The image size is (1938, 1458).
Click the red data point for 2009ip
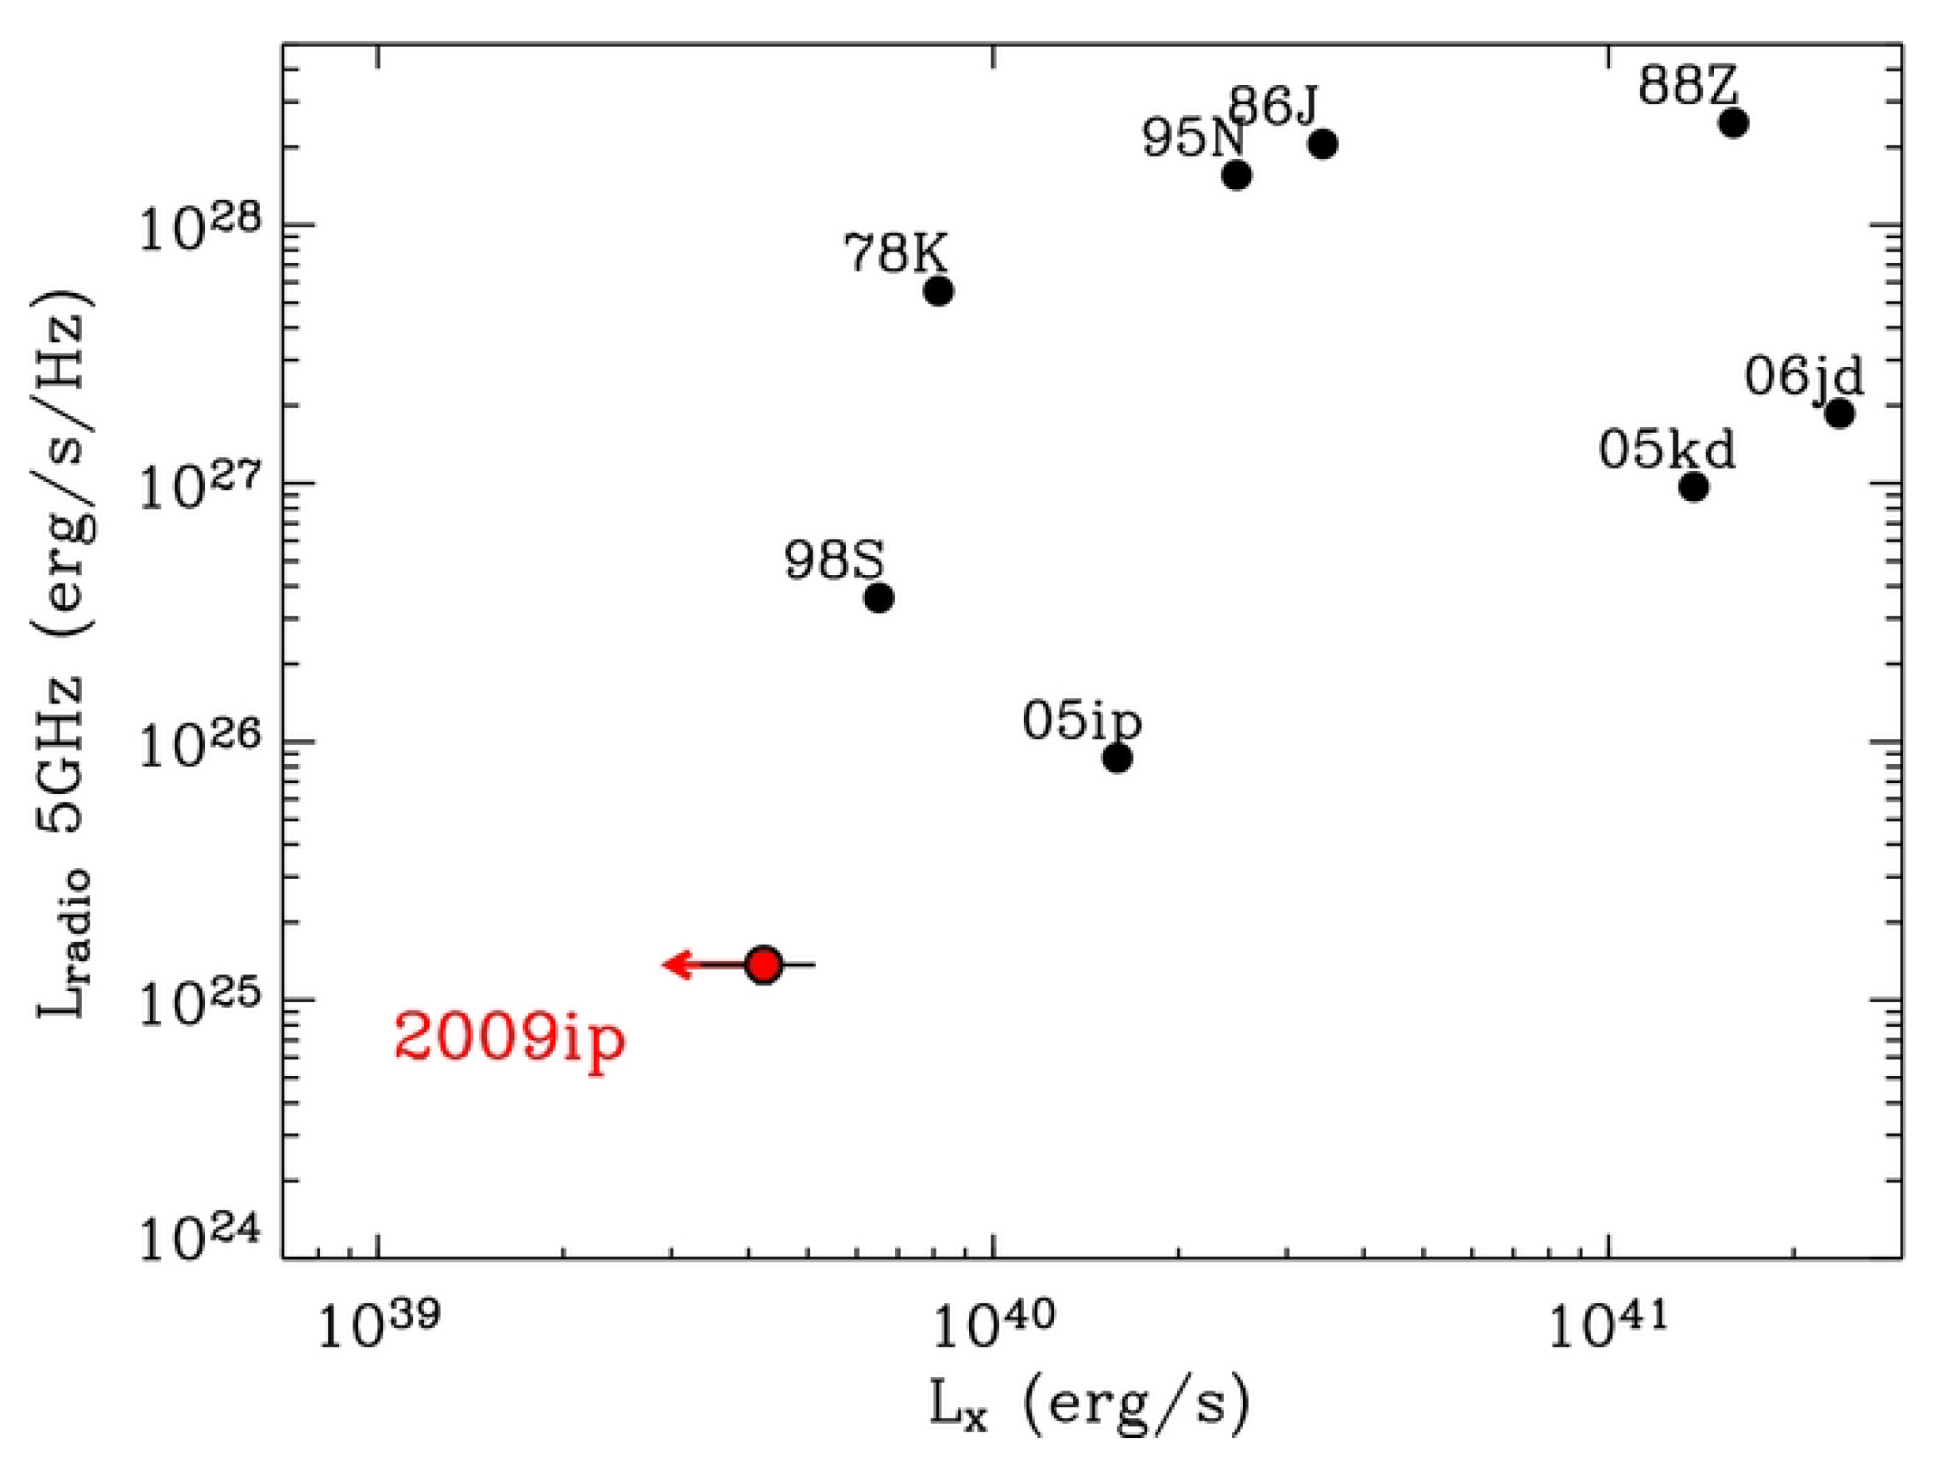click(x=764, y=965)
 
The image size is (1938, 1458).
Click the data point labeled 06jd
click(x=1840, y=413)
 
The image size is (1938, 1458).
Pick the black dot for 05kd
click(x=1694, y=486)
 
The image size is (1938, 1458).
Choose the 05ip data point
click(x=1117, y=758)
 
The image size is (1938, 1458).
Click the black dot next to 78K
click(x=938, y=291)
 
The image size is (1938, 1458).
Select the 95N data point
click(x=1236, y=175)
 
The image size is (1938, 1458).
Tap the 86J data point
click(x=1324, y=144)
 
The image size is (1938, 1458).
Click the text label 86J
click(x=1273, y=107)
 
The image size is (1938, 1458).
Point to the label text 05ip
click(x=1082, y=721)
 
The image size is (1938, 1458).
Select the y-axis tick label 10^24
click(x=201, y=1239)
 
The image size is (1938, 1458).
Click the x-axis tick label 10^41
click(x=1608, y=1325)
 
